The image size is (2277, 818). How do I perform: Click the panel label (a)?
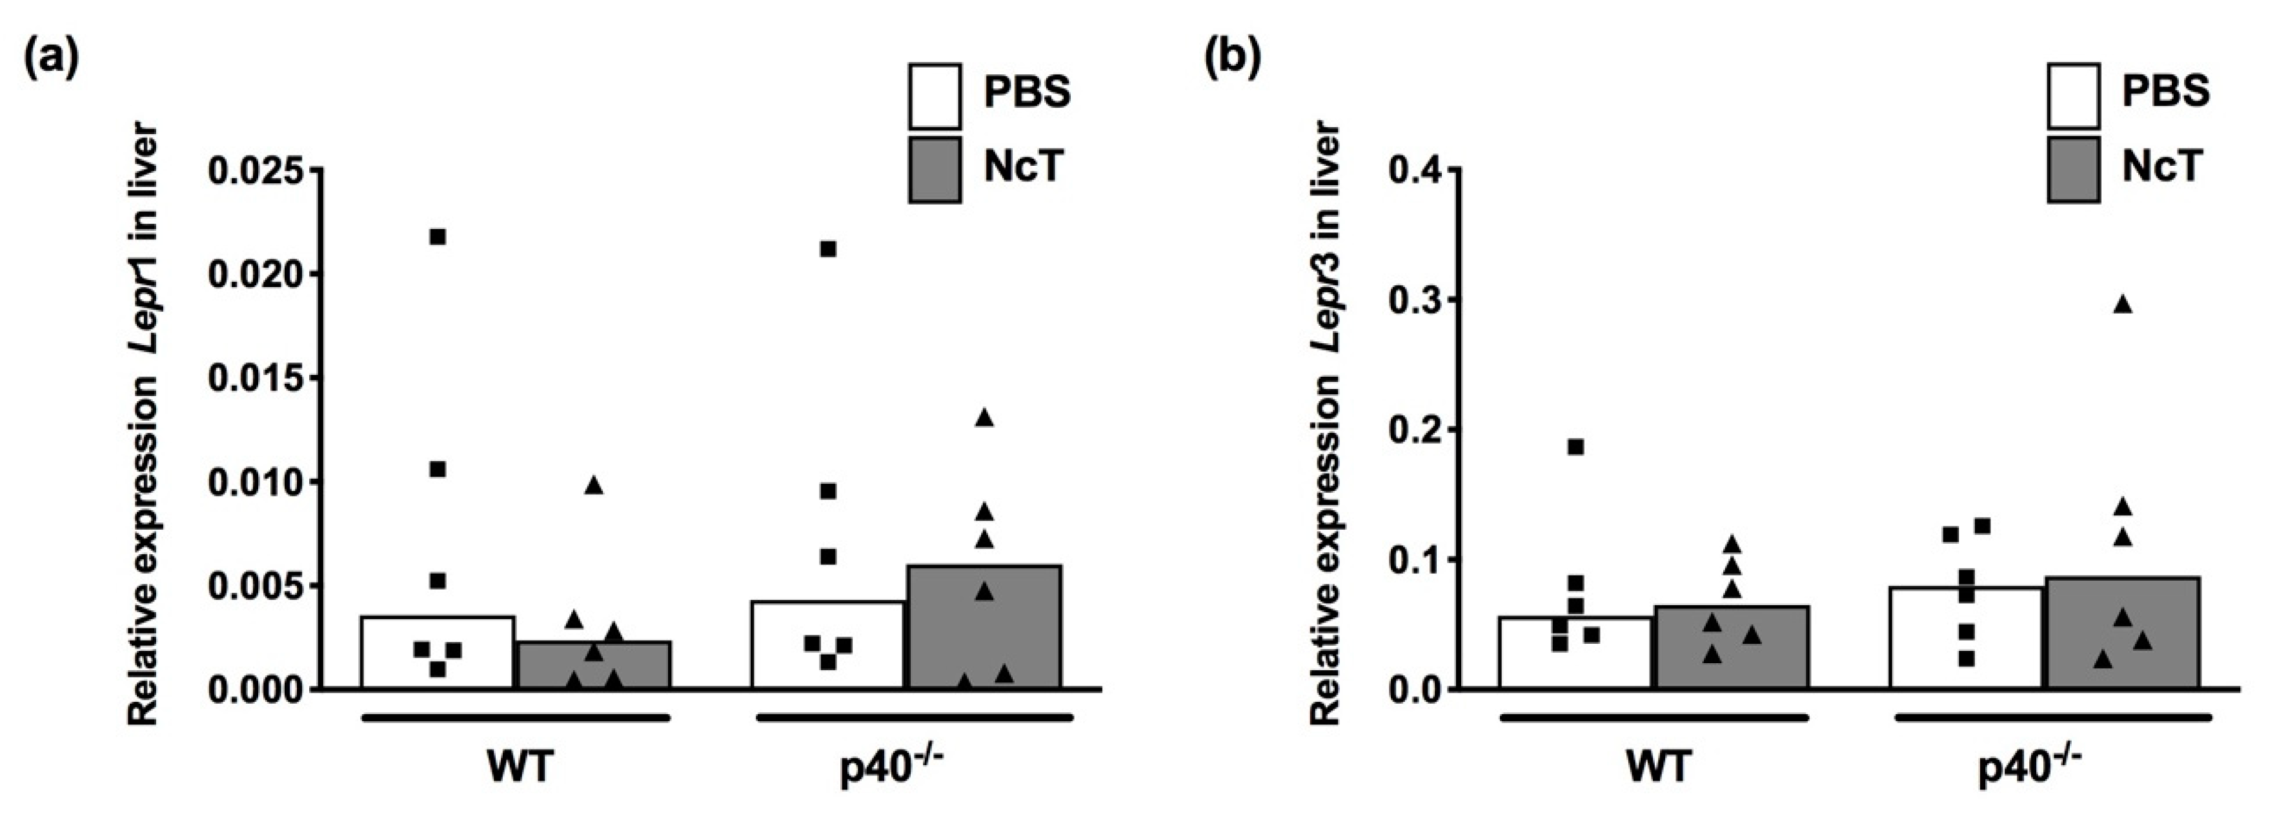[50, 60]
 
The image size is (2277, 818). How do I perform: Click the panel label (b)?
[1234, 60]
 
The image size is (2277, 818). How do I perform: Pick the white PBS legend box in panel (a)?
[935, 96]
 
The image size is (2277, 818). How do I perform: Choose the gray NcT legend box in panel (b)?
[2074, 170]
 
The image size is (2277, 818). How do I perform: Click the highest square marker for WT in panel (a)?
[438, 237]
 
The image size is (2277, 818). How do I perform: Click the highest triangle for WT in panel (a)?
[593, 485]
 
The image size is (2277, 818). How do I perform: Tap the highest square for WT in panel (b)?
[1575, 447]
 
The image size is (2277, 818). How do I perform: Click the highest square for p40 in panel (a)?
[828, 249]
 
